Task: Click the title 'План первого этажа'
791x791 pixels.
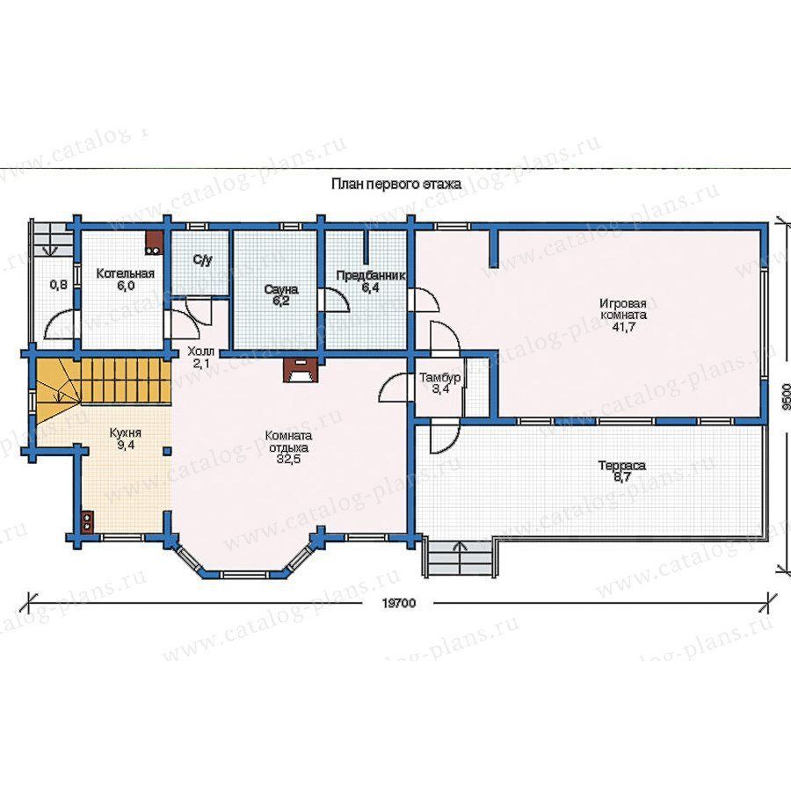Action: pos(396,185)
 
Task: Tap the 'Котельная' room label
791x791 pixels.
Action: pos(125,274)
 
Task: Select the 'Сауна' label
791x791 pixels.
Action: pos(281,290)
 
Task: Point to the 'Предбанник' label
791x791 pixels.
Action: pos(371,276)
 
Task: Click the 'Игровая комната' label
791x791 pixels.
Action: pos(623,309)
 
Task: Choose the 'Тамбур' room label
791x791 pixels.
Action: pos(440,377)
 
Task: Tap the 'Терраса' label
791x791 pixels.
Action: pos(622,466)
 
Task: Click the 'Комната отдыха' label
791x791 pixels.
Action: pos(288,441)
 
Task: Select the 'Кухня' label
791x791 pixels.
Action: pos(125,432)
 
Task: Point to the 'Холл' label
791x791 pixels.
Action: pos(200,351)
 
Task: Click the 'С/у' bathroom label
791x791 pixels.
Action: pos(202,260)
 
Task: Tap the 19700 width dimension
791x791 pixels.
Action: pos(398,603)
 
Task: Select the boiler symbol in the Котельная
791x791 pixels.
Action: pos(155,243)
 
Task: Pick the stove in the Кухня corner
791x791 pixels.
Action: pos(88,521)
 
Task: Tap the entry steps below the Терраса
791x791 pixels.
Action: pos(460,559)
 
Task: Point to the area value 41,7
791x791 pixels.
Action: pos(623,327)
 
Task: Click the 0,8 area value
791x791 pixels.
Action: pos(59,285)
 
